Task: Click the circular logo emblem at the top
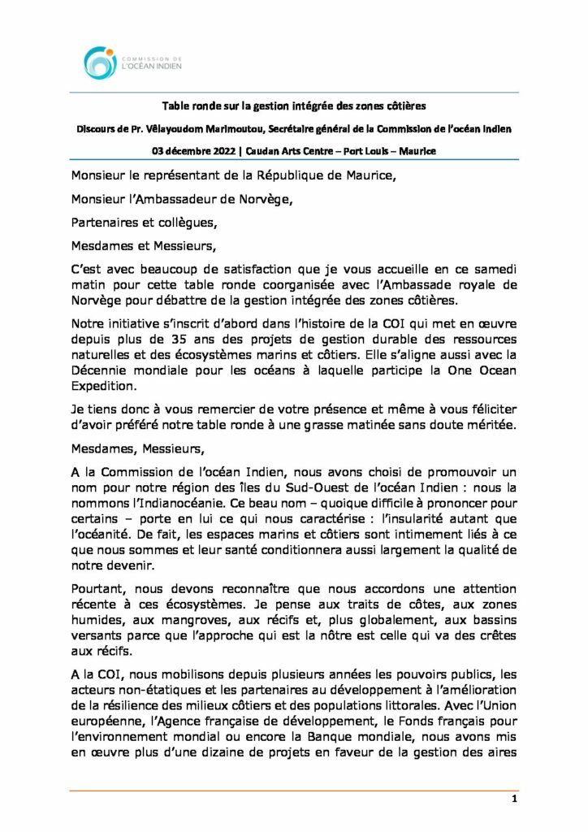pyautogui.click(x=101, y=63)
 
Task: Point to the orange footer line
pyautogui.click(x=294, y=790)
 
